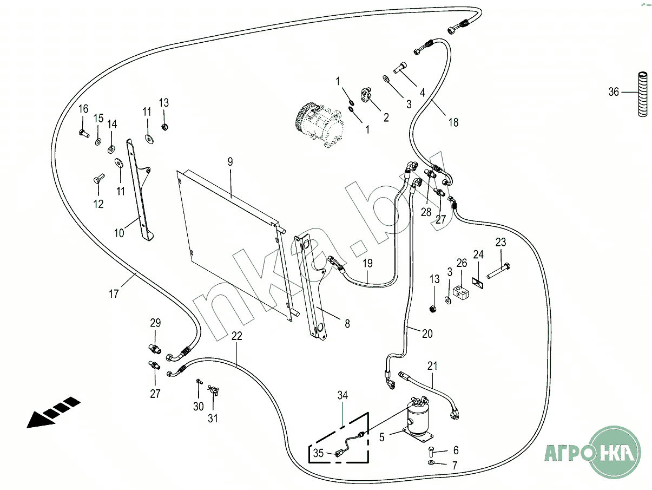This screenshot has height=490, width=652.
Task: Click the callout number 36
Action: (x=614, y=92)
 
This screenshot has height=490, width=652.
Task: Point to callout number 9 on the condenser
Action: (x=230, y=161)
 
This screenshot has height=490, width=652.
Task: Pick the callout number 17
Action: (x=114, y=294)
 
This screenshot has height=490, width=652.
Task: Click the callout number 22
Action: (x=236, y=336)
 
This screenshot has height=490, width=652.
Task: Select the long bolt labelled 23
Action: (x=498, y=271)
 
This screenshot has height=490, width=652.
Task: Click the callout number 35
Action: (x=319, y=453)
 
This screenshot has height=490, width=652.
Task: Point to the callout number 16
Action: (x=83, y=109)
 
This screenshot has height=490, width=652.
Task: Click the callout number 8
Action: (x=347, y=324)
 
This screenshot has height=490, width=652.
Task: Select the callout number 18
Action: (x=453, y=122)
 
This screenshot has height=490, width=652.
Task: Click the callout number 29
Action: (x=155, y=323)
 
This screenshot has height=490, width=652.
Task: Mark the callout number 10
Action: (x=119, y=233)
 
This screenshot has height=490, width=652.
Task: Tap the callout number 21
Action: (x=432, y=367)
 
